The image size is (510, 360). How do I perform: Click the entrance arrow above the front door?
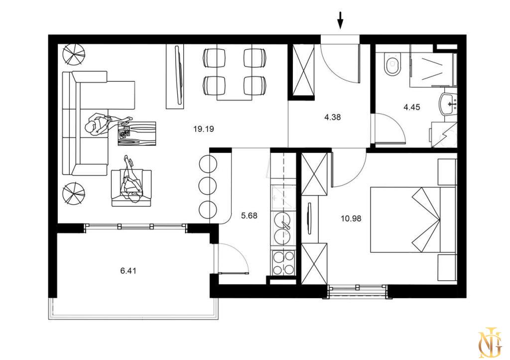point(340,20)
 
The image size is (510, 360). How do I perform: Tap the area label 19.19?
point(204,129)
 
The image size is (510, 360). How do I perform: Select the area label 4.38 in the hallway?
point(332,117)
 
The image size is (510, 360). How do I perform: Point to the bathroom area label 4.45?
point(412,107)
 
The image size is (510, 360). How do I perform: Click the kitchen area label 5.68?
point(249,215)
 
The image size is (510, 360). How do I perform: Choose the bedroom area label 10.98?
point(351,219)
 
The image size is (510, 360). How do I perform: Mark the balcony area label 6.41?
point(128,270)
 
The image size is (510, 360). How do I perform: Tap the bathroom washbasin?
point(448,104)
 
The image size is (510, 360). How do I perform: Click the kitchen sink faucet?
point(286,226)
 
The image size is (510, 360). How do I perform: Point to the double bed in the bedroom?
point(413,220)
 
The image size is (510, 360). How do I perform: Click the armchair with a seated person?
point(131,188)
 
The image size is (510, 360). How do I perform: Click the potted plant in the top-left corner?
point(74,54)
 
